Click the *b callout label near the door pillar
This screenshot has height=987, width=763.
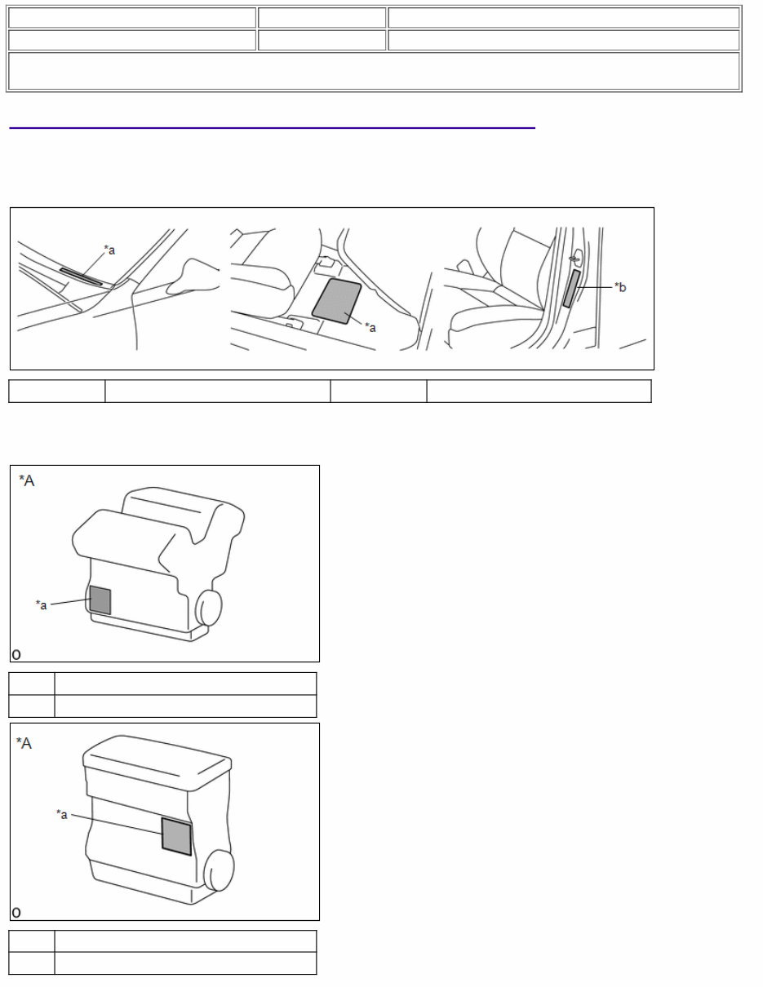click(x=621, y=287)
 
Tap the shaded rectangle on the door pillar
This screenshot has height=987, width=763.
click(x=570, y=289)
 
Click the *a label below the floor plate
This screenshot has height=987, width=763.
click(x=370, y=327)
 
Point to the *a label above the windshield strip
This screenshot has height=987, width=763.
click(x=109, y=250)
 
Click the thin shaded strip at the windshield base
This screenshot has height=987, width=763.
click(x=81, y=277)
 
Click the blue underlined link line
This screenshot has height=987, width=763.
click(x=272, y=128)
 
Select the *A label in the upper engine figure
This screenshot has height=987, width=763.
click(x=27, y=480)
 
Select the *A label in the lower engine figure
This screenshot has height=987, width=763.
click(x=24, y=743)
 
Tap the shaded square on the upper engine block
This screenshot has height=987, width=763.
click(x=100, y=600)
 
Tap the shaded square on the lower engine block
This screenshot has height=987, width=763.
click(x=176, y=836)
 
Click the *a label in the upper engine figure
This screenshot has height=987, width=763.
click(x=41, y=604)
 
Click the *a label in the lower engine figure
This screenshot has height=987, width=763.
click(x=62, y=814)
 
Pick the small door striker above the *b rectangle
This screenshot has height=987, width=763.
click(x=574, y=259)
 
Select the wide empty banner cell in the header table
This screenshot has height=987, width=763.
click(x=374, y=71)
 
